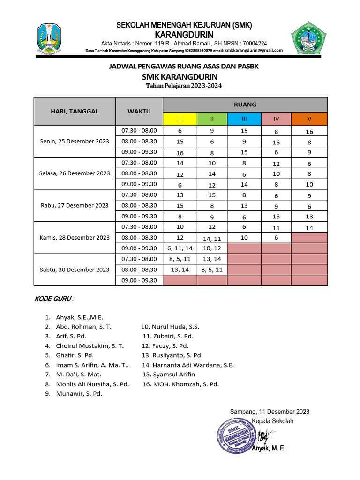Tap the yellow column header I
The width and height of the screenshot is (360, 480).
click(180, 119)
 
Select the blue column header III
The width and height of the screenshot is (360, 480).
click(244, 119)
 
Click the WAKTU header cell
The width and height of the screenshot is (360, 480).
click(139, 111)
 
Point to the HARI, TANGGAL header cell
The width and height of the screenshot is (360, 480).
click(75, 111)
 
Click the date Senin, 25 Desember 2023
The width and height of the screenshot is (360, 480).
click(75, 141)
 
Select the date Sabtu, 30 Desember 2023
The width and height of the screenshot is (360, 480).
click(75, 270)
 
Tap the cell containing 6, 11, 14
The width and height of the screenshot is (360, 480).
click(180, 248)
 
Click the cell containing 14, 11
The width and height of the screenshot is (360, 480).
click(212, 238)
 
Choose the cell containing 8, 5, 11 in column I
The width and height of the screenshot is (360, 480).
click(180, 259)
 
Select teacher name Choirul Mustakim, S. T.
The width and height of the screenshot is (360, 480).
click(90, 345)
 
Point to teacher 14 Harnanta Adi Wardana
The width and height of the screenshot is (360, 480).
click(188, 365)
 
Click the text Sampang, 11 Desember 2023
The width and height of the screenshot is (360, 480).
click(270, 412)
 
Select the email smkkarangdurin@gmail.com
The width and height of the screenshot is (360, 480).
click(254, 51)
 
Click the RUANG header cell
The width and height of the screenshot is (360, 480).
click(245, 105)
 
